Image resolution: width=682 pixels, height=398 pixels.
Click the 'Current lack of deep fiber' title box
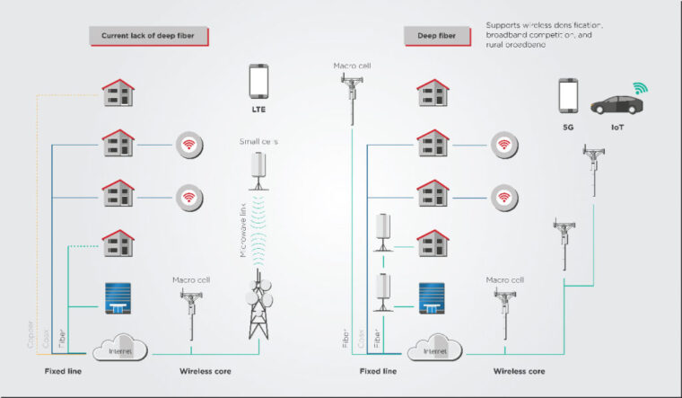coord(149,36)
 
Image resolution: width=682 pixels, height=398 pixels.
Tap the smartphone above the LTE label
coord(258,81)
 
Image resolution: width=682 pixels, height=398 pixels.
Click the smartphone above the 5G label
coord(568,95)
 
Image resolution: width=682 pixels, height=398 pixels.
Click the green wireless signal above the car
coord(641,88)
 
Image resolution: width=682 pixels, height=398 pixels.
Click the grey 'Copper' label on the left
coord(30,332)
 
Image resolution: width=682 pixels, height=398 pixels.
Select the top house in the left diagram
coord(118,91)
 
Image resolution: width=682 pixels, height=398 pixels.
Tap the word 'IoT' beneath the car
coord(617,128)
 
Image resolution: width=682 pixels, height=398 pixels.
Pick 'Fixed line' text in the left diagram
coord(66,370)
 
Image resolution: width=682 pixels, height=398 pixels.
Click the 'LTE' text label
coord(258,110)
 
